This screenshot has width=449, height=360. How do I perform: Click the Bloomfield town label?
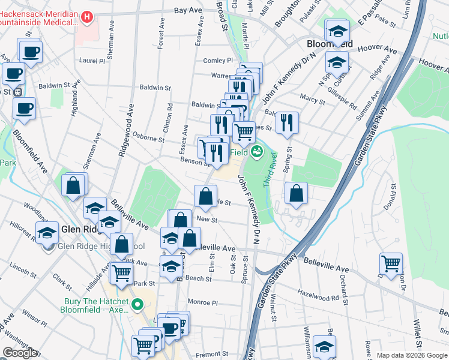330,44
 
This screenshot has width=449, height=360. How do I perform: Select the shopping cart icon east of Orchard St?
391,263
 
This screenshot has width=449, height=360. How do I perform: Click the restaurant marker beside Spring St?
287,123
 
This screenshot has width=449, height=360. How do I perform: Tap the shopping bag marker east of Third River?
297,194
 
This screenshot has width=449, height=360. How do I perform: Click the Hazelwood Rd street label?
318,297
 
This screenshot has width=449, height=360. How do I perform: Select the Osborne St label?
148,138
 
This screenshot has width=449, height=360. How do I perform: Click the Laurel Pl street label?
92,61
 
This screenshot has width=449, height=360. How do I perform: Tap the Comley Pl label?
217,61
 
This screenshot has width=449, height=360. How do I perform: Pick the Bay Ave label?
187,11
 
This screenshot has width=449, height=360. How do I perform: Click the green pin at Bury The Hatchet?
137,304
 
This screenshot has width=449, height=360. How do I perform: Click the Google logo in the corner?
20,353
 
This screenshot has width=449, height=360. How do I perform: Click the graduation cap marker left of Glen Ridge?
47,232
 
